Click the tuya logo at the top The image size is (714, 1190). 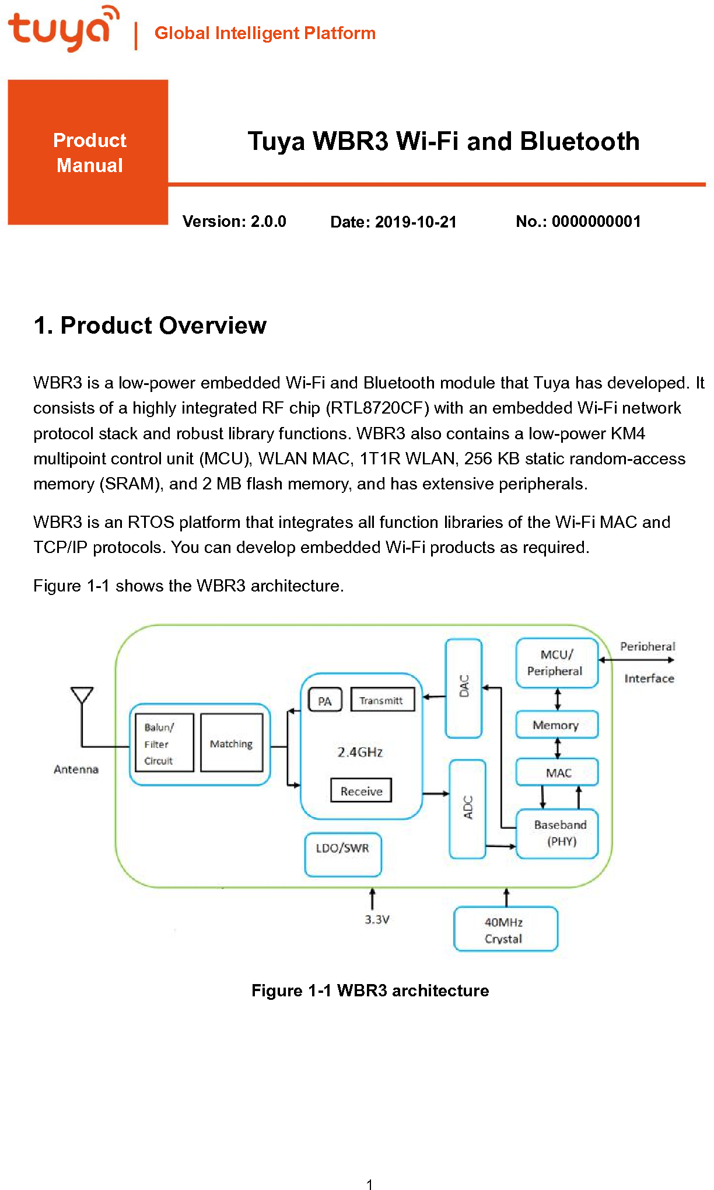coord(63,29)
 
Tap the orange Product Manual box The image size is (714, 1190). coord(88,152)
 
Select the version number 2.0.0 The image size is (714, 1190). coord(268,222)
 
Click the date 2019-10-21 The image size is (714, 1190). coord(415,222)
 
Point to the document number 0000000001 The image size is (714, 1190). coord(596,222)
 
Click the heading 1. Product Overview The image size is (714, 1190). coord(150,325)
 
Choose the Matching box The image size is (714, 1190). coord(232,743)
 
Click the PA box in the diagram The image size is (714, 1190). coord(325,701)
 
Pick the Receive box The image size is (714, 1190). coord(361,791)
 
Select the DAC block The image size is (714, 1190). coord(464,688)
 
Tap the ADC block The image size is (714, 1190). coord(467,808)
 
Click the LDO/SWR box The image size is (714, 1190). coord(343,854)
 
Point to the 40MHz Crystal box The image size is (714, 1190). coord(505,929)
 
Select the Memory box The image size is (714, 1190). coord(556,725)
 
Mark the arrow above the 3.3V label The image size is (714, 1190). coord(372,899)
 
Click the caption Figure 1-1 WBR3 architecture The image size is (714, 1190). coord(370,991)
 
